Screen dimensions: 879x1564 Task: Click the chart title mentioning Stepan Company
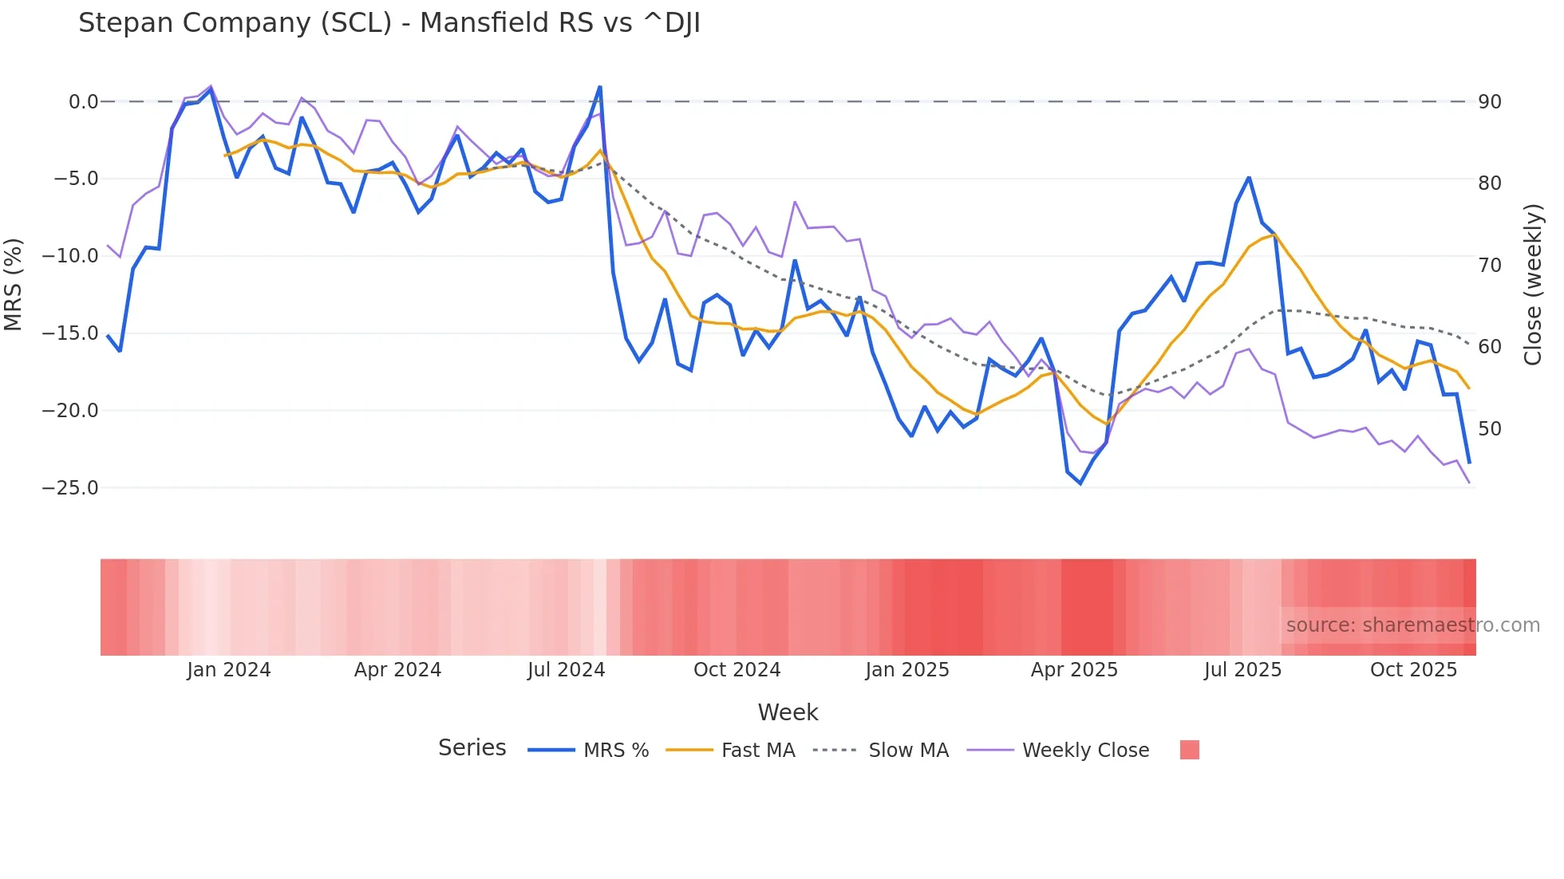point(389,23)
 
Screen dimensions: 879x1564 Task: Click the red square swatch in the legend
point(1189,750)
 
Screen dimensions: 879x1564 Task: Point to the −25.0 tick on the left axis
point(70,487)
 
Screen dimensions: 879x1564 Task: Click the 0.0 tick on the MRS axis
point(83,101)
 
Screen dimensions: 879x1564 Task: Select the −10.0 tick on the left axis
point(70,256)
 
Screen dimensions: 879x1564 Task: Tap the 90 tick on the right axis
point(1490,102)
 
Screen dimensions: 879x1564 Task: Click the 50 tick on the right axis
point(1490,429)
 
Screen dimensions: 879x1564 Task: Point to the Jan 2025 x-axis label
point(907,670)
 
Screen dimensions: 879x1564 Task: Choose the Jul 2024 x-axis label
point(566,670)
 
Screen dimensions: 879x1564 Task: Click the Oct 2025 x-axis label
point(1413,670)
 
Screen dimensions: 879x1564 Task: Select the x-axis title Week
point(788,712)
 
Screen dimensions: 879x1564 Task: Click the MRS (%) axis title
point(14,285)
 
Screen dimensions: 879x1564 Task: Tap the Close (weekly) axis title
point(1532,285)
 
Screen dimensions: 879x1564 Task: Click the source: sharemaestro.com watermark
point(1412,625)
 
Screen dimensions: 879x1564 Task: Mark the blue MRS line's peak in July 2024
point(600,87)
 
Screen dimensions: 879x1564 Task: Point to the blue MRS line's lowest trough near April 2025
point(1080,483)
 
